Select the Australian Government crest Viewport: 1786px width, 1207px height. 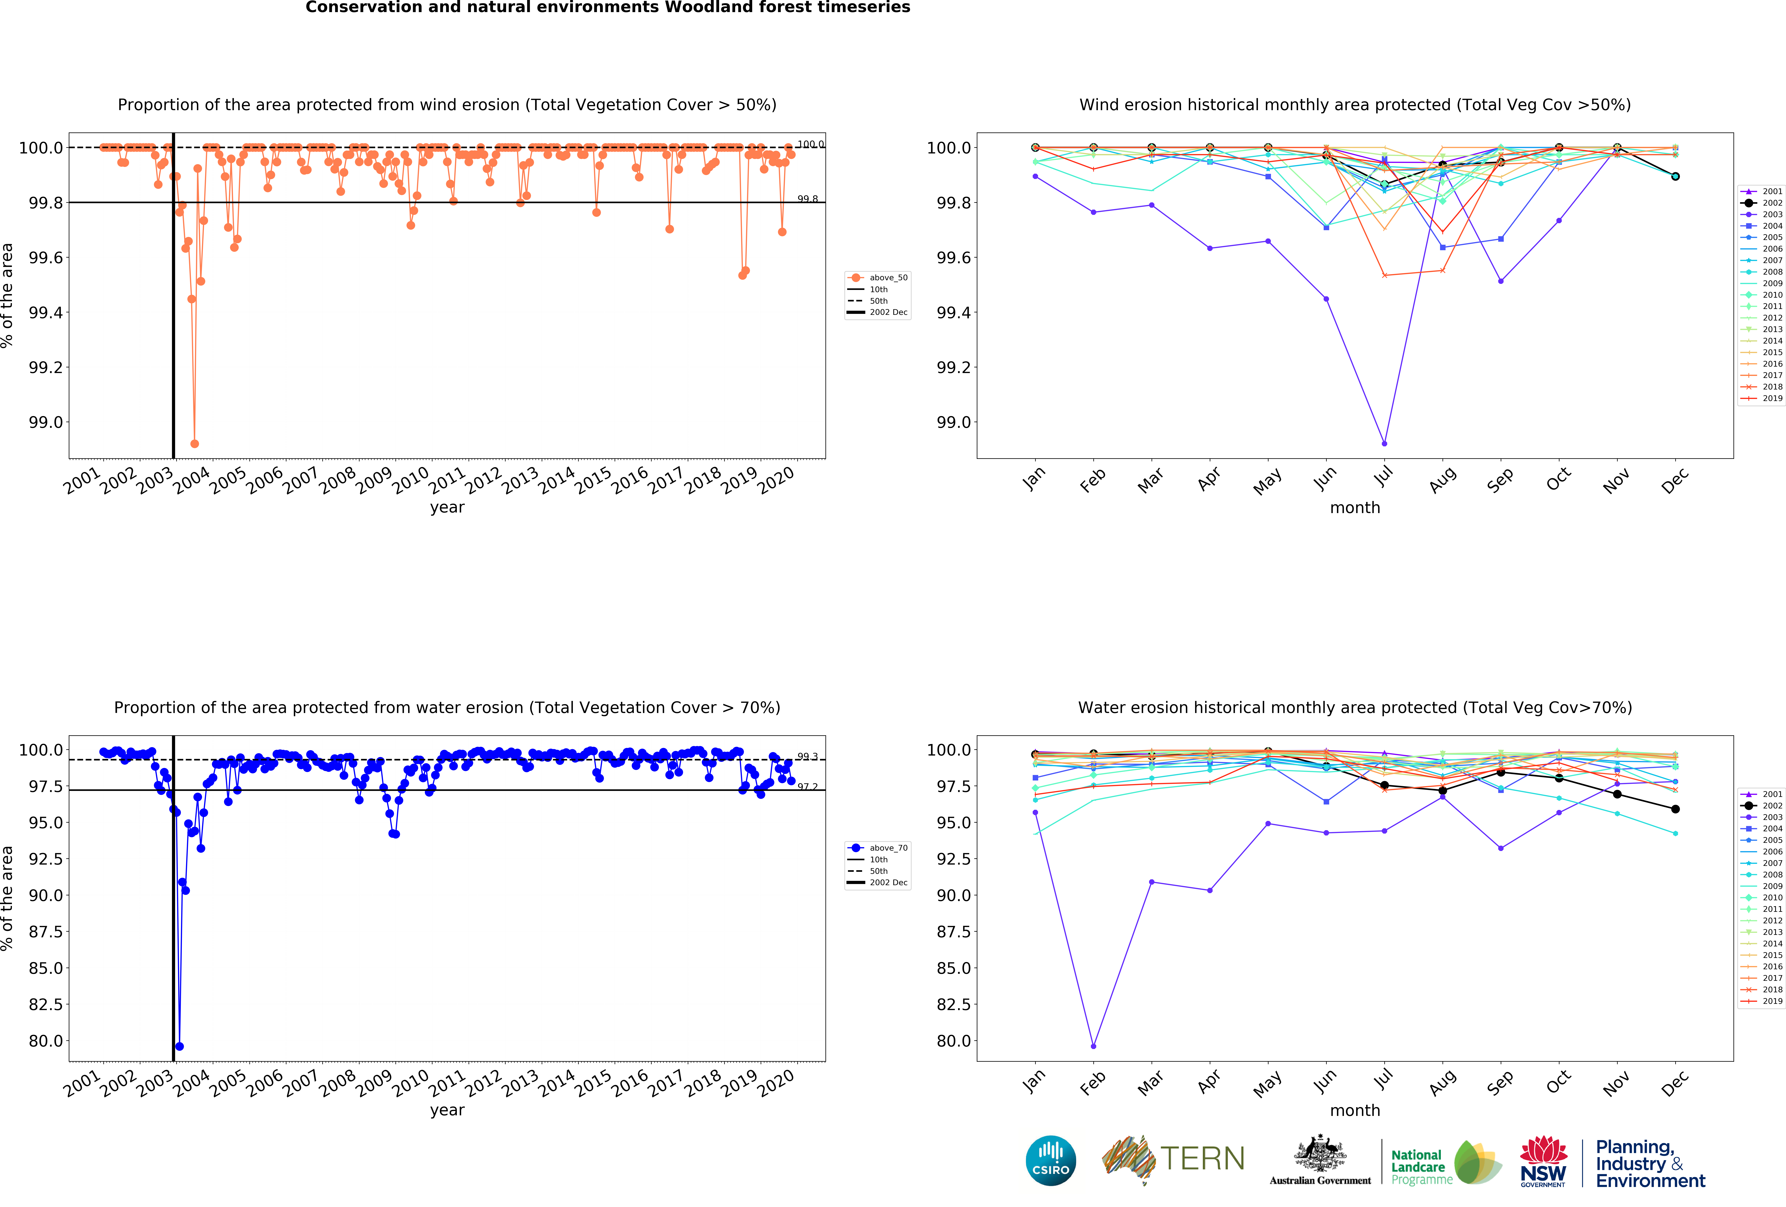click(x=1320, y=1153)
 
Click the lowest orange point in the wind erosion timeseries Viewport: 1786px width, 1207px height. click(x=194, y=444)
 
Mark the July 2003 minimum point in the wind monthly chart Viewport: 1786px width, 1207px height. click(x=1384, y=444)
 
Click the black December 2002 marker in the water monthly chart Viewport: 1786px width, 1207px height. click(x=1675, y=809)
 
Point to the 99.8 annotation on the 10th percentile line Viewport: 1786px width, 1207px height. click(x=807, y=199)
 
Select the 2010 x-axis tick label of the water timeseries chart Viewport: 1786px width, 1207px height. click(x=410, y=1082)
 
